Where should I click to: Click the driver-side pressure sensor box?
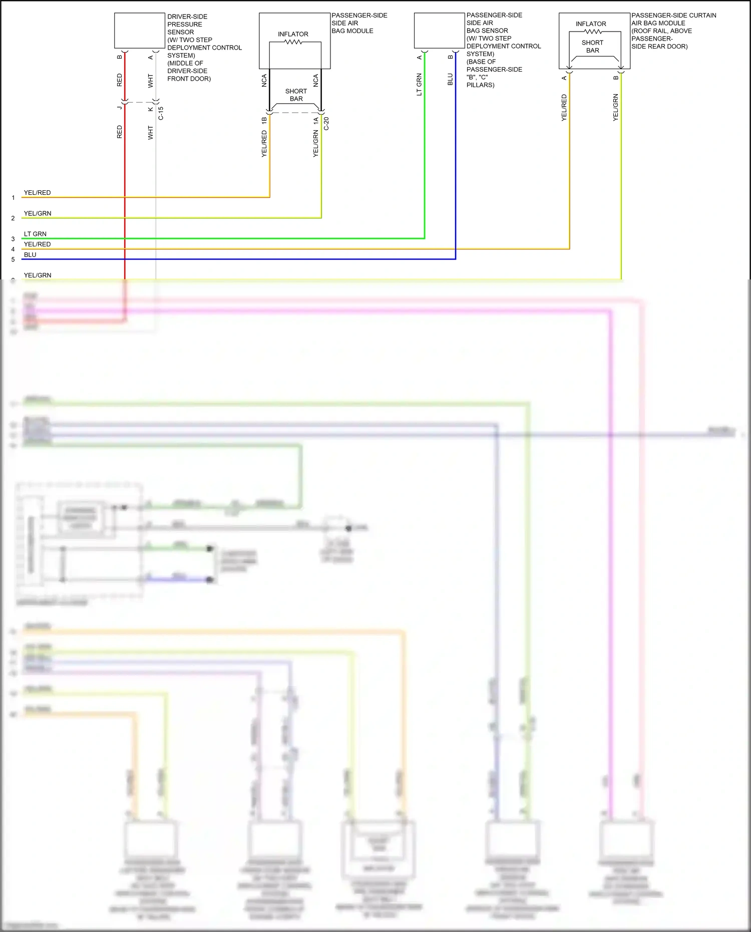click(139, 31)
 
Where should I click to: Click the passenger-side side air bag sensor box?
click(439, 31)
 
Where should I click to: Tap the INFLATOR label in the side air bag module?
click(293, 34)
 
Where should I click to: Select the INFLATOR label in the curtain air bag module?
click(591, 24)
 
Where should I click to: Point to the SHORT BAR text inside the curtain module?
click(593, 47)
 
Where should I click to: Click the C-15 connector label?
click(161, 113)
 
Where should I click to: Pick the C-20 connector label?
click(326, 123)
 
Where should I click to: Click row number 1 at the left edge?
click(13, 198)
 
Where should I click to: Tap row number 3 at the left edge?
click(13, 239)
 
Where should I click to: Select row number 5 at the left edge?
click(13, 259)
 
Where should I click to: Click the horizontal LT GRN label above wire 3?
click(35, 234)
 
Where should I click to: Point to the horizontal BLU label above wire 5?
click(30, 254)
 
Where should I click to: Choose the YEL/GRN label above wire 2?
click(38, 213)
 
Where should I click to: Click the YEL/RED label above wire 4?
click(38, 244)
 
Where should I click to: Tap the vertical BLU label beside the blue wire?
click(450, 79)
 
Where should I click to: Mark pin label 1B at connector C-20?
click(264, 121)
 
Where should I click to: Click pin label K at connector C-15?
click(150, 109)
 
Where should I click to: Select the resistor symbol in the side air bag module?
click(293, 42)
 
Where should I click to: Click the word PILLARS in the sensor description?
click(480, 85)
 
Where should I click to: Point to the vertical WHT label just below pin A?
click(150, 81)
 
